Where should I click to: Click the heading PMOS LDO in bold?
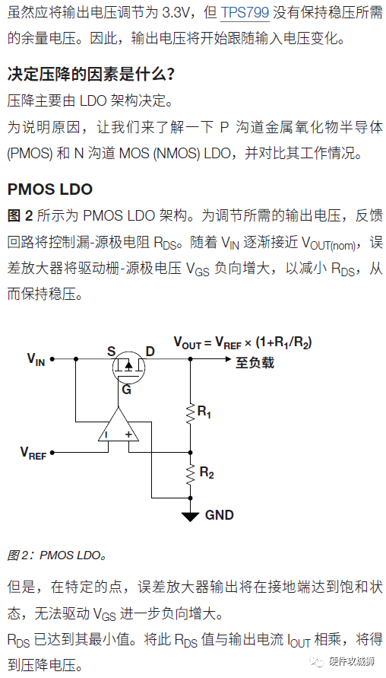point(50,189)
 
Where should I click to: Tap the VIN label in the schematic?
point(36,359)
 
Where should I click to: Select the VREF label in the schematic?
point(33,453)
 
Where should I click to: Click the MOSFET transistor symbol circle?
point(128,367)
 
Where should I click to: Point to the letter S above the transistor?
point(112,351)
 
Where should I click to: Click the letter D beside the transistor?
point(150,351)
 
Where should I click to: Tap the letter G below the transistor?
point(126,390)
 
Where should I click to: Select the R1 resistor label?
point(204,412)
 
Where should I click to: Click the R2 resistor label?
point(207,473)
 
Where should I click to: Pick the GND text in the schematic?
point(220,515)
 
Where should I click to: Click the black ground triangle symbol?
point(190,516)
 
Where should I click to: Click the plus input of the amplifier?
point(128,434)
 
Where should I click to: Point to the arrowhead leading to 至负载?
point(226,359)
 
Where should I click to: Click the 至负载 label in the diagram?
point(255,362)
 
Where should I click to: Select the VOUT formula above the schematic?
point(242,342)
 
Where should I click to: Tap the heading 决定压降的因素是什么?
point(91,75)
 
